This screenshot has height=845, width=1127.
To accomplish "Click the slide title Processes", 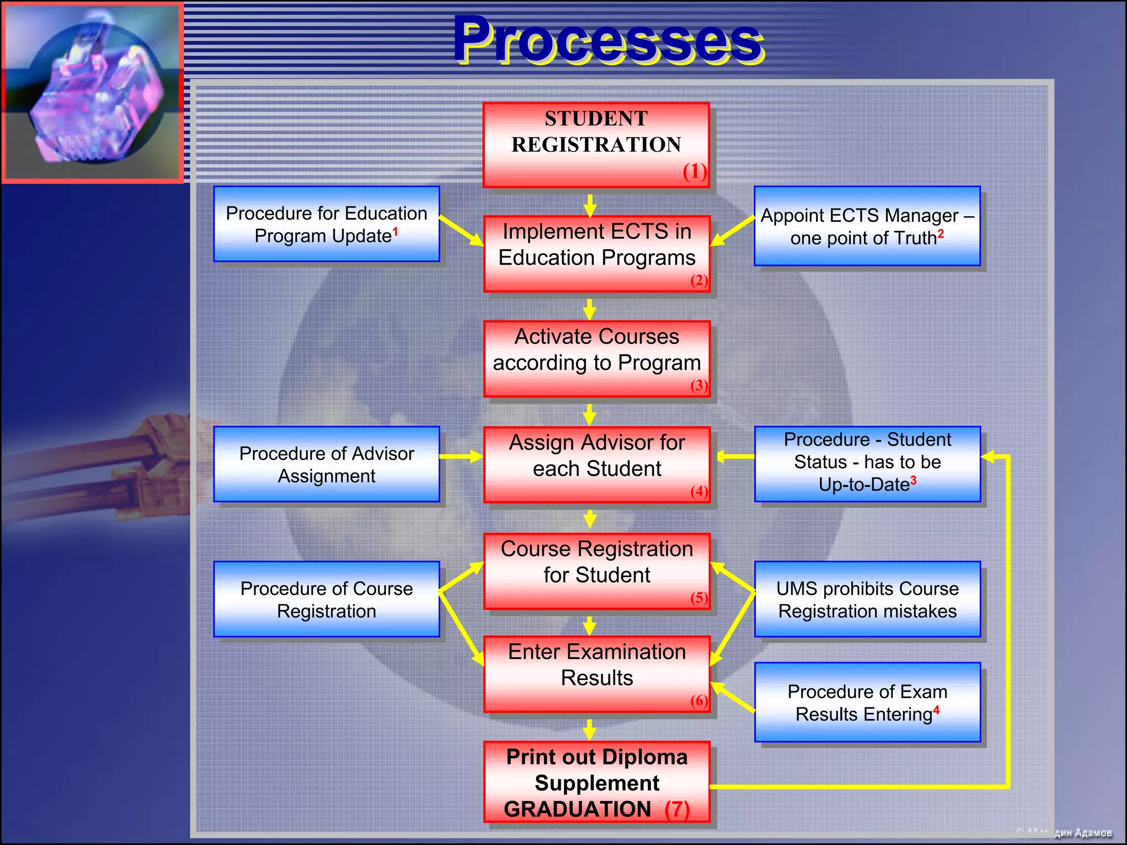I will (608, 40).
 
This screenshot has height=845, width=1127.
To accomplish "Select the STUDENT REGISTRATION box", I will (596, 144).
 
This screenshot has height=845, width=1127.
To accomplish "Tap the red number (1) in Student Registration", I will (694, 172).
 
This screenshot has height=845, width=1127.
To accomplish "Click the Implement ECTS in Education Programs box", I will (597, 253).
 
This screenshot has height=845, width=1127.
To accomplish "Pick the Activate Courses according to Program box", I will (597, 358).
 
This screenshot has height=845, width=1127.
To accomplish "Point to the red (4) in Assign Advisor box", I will (699, 491).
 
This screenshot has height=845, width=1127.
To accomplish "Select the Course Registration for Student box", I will (597, 570).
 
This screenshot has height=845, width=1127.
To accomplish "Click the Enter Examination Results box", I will (597, 672).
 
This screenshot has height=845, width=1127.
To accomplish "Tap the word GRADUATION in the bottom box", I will (577, 809).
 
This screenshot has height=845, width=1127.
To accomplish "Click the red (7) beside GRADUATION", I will (677, 809).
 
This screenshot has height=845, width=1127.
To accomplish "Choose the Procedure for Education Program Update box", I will (326, 224).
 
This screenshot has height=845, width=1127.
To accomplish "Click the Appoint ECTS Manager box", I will (867, 226).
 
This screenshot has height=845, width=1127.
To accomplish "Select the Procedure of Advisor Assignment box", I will (326, 464).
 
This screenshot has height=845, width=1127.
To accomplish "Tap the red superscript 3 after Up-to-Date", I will (913, 480).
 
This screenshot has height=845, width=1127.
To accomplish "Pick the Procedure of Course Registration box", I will (326, 599).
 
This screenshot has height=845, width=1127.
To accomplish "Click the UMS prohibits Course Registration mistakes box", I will (867, 599).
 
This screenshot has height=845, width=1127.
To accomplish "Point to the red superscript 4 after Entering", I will (936, 710).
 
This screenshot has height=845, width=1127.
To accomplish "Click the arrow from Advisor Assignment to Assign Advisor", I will (461, 456).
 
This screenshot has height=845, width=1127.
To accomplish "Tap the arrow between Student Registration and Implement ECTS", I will (590, 205).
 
